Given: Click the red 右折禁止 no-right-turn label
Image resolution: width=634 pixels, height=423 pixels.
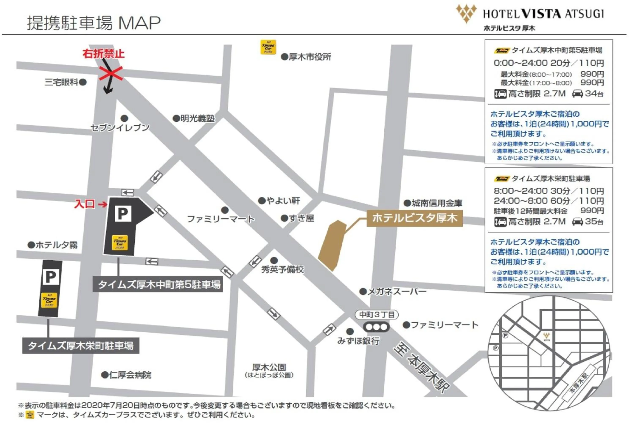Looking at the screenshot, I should coord(104,54).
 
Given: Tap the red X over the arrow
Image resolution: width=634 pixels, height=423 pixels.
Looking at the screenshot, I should coord(111,73).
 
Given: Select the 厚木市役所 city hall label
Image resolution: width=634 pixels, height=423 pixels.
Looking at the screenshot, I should coord(309,57).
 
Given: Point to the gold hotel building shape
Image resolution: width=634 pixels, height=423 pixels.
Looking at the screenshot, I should coord(332,245).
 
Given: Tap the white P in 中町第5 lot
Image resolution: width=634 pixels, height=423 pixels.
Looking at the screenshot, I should coord(123,214).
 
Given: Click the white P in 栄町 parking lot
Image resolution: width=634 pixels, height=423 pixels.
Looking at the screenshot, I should coord(51,277).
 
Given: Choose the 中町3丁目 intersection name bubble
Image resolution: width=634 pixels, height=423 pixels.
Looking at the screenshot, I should coord(377,315).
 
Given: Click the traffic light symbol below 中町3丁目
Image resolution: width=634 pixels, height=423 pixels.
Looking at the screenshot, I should coord(376,327).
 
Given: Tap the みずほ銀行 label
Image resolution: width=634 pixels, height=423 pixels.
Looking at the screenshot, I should coord(358,341).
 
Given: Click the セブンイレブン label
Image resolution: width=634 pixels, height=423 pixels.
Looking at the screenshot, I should coord(120,127).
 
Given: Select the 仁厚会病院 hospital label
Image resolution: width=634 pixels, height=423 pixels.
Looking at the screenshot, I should coord(130,375).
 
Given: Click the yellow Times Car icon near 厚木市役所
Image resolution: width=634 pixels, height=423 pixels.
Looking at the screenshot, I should coord(268,47).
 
